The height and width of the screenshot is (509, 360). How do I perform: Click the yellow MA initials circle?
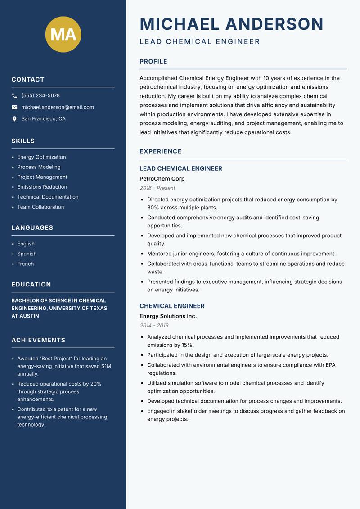pyautogui.click(x=63, y=34)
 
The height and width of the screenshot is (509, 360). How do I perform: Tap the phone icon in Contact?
pyautogui.click(x=14, y=96)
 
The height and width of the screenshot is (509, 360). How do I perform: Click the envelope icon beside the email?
pyautogui.click(x=14, y=107)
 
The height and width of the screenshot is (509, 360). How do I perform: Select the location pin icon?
pyautogui.click(x=14, y=119)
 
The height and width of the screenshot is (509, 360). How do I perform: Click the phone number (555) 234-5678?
pyautogui.click(x=40, y=96)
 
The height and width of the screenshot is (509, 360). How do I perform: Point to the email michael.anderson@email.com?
pyautogui.click(x=58, y=107)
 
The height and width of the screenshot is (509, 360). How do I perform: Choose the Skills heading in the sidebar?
pyautogui.click(x=23, y=141)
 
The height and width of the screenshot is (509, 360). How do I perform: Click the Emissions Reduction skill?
pyautogui.click(x=42, y=187)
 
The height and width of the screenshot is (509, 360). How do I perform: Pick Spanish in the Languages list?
pyautogui.click(x=27, y=254)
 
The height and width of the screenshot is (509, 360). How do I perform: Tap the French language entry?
pyautogui.click(x=25, y=264)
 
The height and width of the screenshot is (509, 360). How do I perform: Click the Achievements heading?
pyautogui.click(x=38, y=340)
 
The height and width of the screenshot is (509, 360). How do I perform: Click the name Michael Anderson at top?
pyautogui.click(x=231, y=24)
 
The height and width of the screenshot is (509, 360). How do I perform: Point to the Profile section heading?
pyautogui.click(x=153, y=62)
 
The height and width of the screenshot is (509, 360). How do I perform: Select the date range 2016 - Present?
pyautogui.click(x=157, y=188)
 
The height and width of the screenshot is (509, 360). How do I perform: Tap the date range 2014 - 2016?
pyautogui.click(x=154, y=326)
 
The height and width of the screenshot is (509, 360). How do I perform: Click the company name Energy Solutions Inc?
pyautogui.click(x=168, y=316)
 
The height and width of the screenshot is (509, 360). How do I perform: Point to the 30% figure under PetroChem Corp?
pyautogui.click(x=153, y=208)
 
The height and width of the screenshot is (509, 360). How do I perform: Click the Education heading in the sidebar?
pyautogui.click(x=31, y=285)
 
